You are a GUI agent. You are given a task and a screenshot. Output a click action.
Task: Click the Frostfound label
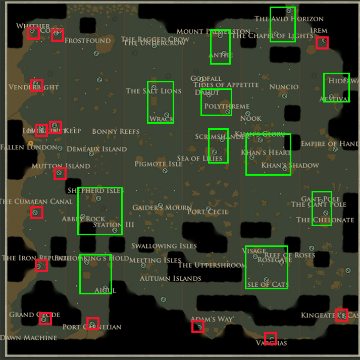[x=88, y=40]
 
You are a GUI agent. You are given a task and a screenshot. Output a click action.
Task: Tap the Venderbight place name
[x=34, y=87]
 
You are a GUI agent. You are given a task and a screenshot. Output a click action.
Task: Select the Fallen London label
[x=29, y=147]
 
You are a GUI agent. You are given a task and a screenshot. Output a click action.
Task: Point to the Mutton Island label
[x=61, y=166]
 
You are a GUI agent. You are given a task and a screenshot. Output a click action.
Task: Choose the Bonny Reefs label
[x=116, y=132]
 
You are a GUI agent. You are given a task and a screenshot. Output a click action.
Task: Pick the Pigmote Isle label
[x=159, y=164]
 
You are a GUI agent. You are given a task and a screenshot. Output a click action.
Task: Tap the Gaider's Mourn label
[x=162, y=208]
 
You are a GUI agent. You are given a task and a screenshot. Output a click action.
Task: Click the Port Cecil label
[x=208, y=212]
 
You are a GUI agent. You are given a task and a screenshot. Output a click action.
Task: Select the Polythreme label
[x=226, y=107]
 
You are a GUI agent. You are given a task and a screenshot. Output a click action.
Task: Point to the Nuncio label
[x=284, y=87]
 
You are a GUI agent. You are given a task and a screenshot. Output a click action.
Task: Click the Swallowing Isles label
[x=164, y=246]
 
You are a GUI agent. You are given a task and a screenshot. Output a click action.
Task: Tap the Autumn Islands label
[x=170, y=278]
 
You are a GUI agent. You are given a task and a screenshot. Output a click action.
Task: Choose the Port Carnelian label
[x=92, y=327]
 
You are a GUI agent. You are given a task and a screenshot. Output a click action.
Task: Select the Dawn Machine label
[x=29, y=337]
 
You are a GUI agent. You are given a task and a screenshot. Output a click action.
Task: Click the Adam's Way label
[x=212, y=319]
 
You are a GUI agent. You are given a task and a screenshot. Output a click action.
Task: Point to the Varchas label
[x=271, y=343]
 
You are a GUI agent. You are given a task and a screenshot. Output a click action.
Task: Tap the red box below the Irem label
[x=322, y=43]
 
